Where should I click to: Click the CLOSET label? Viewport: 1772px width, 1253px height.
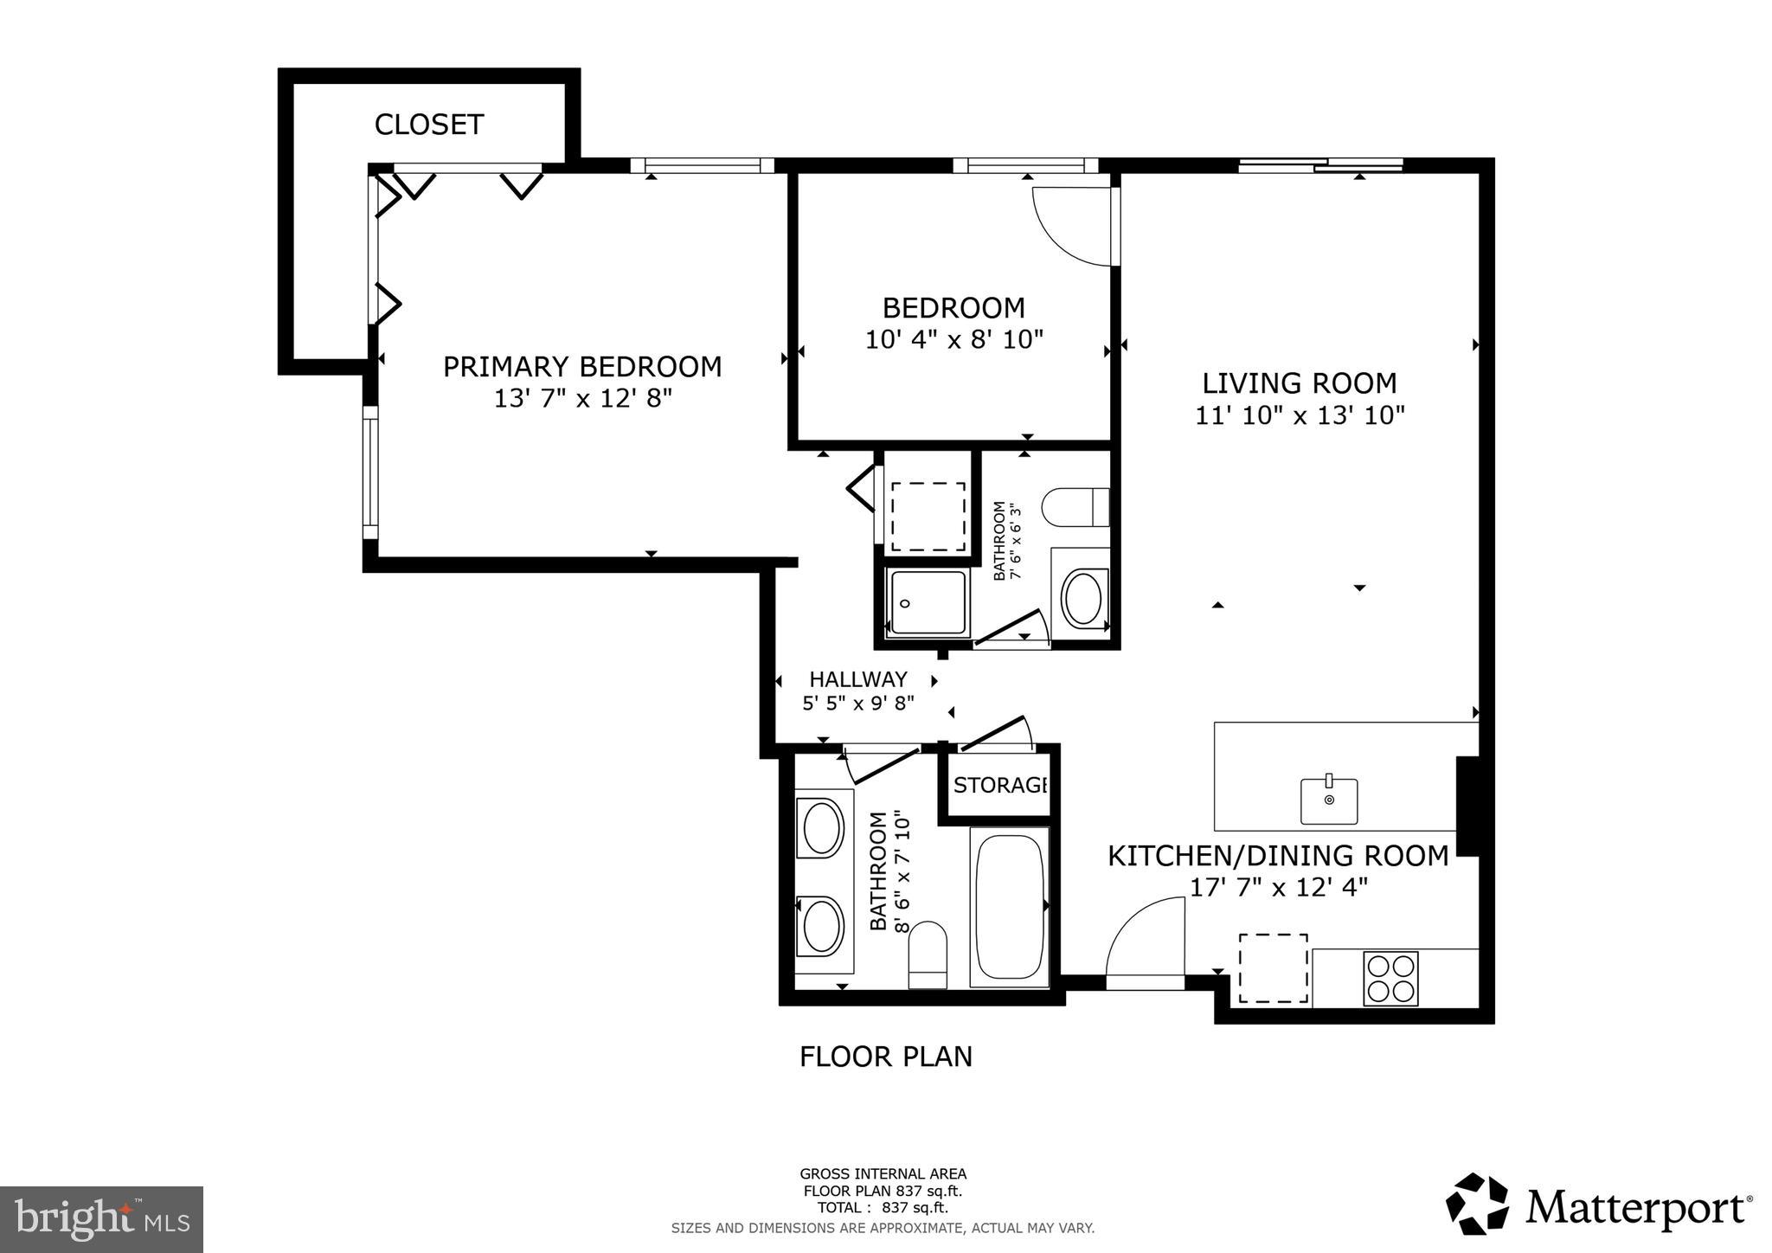click(x=428, y=125)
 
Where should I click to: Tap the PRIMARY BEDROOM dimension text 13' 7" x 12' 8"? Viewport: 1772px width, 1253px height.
click(x=582, y=399)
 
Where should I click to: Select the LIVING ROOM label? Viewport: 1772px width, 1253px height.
click(x=1299, y=383)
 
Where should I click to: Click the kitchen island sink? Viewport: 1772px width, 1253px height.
click(x=1329, y=800)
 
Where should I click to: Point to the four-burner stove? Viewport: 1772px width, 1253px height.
click(x=1390, y=978)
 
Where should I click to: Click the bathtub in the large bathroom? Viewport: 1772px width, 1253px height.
click(x=1009, y=906)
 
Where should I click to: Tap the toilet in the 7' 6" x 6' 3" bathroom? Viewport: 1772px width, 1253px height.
click(x=1075, y=507)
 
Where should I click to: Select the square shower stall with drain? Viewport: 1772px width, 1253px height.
click(x=927, y=602)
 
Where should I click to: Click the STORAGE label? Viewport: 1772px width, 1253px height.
click(x=1000, y=785)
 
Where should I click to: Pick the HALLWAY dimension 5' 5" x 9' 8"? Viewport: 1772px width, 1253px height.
click(x=857, y=704)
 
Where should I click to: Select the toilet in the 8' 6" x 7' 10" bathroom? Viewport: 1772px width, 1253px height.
click(x=928, y=955)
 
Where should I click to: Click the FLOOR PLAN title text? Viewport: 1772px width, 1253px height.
click(x=885, y=1057)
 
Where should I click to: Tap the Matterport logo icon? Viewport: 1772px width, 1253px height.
click(x=1477, y=1204)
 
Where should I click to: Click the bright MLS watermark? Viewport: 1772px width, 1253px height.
click(x=102, y=1220)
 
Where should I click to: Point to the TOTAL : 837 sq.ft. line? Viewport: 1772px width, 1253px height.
click(x=883, y=1208)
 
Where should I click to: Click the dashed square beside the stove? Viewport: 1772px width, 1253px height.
click(x=1273, y=967)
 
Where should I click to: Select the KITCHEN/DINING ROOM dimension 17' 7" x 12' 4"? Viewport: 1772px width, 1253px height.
click(x=1278, y=888)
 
